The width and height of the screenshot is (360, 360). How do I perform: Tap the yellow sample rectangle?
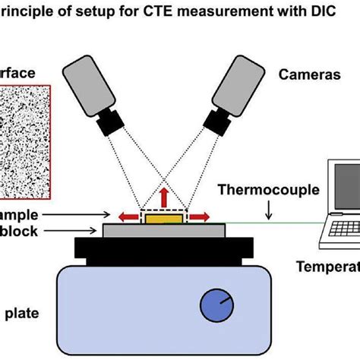click(x=165, y=219)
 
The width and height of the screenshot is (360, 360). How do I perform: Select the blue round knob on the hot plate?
click(x=216, y=307)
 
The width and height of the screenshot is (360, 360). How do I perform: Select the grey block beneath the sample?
click(x=163, y=230)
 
